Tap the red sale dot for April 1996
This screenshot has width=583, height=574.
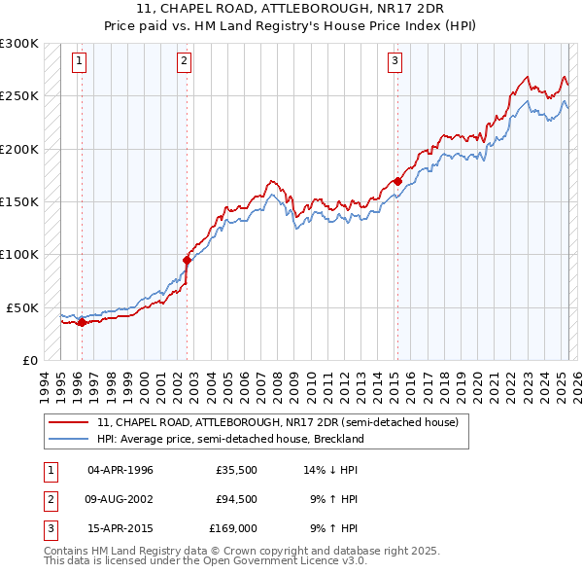click(82, 323)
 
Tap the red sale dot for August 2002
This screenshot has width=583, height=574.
click(187, 260)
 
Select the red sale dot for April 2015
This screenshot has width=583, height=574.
click(397, 181)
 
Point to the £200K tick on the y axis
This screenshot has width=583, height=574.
click(20, 150)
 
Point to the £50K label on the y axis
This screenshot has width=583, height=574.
click(23, 307)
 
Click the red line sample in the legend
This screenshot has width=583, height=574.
click(69, 423)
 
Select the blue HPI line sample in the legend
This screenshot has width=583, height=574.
click(69, 439)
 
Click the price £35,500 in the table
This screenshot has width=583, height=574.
click(236, 470)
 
